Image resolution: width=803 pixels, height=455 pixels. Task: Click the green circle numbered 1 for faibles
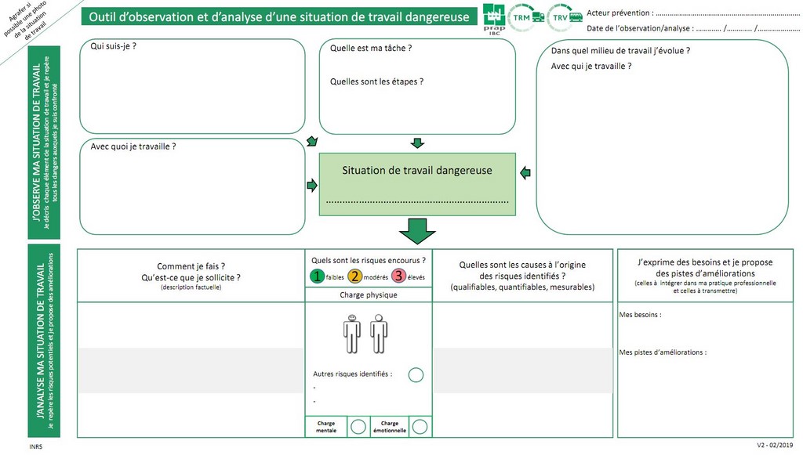click(317, 276)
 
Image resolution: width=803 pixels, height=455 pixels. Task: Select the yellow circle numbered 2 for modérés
click(355, 276)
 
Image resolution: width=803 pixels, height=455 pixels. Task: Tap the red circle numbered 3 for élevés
click(398, 276)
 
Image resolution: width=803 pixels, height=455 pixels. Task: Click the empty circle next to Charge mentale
click(358, 426)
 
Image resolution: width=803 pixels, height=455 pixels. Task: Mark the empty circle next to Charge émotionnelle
click(420, 426)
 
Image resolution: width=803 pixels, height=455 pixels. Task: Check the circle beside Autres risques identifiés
click(416, 375)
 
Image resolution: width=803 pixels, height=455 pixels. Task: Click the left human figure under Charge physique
click(352, 334)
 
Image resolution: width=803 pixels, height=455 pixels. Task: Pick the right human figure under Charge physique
click(379, 334)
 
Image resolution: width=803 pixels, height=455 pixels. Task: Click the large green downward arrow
click(417, 230)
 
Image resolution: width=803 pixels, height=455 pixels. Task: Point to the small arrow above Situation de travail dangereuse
click(417, 143)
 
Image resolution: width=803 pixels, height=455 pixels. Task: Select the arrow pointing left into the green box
click(525, 172)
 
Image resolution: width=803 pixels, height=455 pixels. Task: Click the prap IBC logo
click(494, 18)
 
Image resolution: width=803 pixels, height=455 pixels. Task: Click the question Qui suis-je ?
click(114, 47)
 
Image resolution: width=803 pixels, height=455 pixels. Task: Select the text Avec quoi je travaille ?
click(133, 146)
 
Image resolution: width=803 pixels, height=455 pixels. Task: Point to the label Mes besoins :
click(640, 315)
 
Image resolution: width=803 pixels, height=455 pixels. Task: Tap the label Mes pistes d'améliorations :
click(663, 352)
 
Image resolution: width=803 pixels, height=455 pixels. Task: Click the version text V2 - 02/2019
click(774, 446)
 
